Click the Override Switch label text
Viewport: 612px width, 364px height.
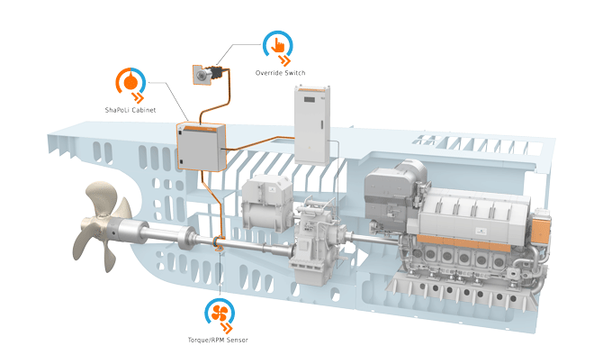(280, 73)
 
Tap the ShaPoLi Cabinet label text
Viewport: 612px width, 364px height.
(130, 110)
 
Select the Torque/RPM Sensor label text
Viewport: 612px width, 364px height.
(218, 340)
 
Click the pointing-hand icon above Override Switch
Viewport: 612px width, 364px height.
(278, 45)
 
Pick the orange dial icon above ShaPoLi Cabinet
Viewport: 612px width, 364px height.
(130, 82)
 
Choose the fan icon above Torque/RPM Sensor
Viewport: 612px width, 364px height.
(220, 313)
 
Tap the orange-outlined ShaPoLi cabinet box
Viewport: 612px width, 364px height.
(202, 147)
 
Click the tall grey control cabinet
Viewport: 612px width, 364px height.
(312, 125)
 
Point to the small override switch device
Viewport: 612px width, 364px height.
(207, 74)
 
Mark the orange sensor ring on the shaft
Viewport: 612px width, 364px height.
(218, 242)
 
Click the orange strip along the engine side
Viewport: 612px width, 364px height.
(463, 242)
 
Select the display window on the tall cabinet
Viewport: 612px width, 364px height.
(309, 99)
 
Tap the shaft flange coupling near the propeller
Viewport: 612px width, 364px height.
(185, 238)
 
